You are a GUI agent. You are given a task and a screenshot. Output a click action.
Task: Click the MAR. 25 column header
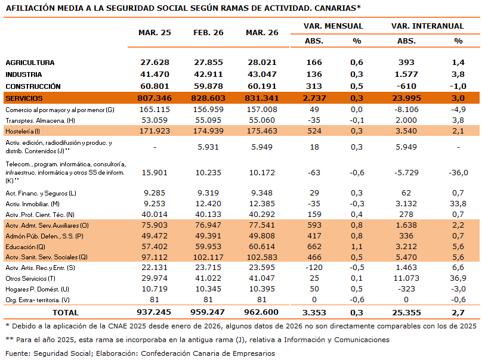coord(155,32)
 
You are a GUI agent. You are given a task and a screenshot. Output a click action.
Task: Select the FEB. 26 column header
coord(208,32)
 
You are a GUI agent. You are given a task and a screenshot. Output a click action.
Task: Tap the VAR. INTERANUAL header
coord(427,26)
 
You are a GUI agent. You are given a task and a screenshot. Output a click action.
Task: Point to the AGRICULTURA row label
coord(30,63)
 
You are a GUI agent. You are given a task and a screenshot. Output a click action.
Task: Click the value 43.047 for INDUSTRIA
coord(262,75)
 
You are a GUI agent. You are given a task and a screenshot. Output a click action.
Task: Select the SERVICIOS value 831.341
coord(262,98)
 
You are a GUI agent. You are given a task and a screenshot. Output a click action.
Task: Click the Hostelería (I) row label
coord(22,131)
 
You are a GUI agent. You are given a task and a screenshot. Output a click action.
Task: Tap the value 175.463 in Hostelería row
coord(262,131)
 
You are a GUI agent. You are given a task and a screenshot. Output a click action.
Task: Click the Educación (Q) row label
coord(24,246)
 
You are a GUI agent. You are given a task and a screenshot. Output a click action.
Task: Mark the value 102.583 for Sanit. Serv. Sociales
coord(262,257)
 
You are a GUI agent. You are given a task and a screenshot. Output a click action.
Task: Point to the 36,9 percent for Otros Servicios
coord(458,278)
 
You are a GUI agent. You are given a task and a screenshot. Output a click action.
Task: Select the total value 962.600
coord(262,312)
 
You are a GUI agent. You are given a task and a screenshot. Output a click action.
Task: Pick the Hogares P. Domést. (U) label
coord(35,289)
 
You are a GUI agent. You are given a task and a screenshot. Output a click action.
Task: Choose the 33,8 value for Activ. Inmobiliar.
coord(458,204)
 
